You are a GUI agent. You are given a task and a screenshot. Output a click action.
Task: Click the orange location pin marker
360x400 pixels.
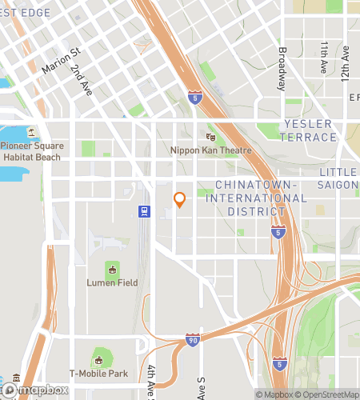click(x=179, y=199)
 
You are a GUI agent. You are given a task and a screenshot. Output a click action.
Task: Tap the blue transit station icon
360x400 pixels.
click(x=144, y=212)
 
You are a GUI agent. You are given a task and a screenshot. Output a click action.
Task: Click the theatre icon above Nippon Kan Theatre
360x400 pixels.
click(x=211, y=138)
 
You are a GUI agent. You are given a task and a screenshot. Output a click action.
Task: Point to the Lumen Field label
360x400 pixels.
click(x=112, y=282)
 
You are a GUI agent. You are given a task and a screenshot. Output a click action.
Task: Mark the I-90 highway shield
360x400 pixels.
click(x=192, y=340)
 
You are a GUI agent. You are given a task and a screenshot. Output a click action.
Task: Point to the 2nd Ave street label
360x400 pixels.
click(x=81, y=80)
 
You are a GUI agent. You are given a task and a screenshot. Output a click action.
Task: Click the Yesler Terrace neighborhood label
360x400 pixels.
click(x=310, y=130)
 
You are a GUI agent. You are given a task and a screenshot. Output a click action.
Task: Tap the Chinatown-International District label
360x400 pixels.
click(x=250, y=198)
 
